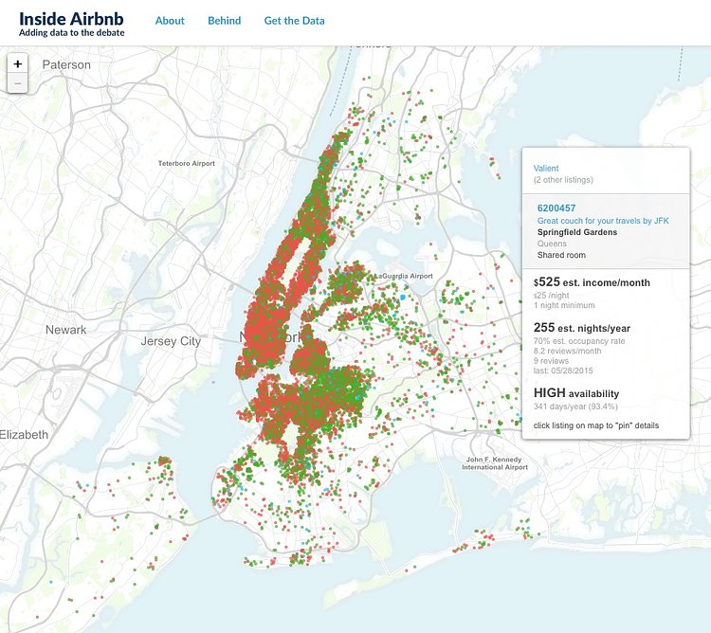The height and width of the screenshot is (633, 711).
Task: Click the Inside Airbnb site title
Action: point(70,18)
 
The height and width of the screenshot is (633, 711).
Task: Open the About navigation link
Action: point(170,20)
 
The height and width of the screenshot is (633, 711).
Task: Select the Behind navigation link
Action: point(224,20)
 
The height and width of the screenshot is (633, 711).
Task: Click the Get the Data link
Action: point(294,20)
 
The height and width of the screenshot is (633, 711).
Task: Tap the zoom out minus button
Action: point(19,83)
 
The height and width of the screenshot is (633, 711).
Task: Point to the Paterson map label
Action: point(66,64)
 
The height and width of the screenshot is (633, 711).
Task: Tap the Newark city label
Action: point(65,330)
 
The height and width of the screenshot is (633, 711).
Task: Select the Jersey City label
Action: point(171,340)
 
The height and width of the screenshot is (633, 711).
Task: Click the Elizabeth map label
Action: point(24,434)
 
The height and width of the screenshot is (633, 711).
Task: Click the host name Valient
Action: point(547,168)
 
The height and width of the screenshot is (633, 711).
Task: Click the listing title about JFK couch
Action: point(601,220)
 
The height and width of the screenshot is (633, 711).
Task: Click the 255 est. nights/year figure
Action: point(581,328)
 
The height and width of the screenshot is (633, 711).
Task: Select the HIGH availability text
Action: point(576,393)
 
